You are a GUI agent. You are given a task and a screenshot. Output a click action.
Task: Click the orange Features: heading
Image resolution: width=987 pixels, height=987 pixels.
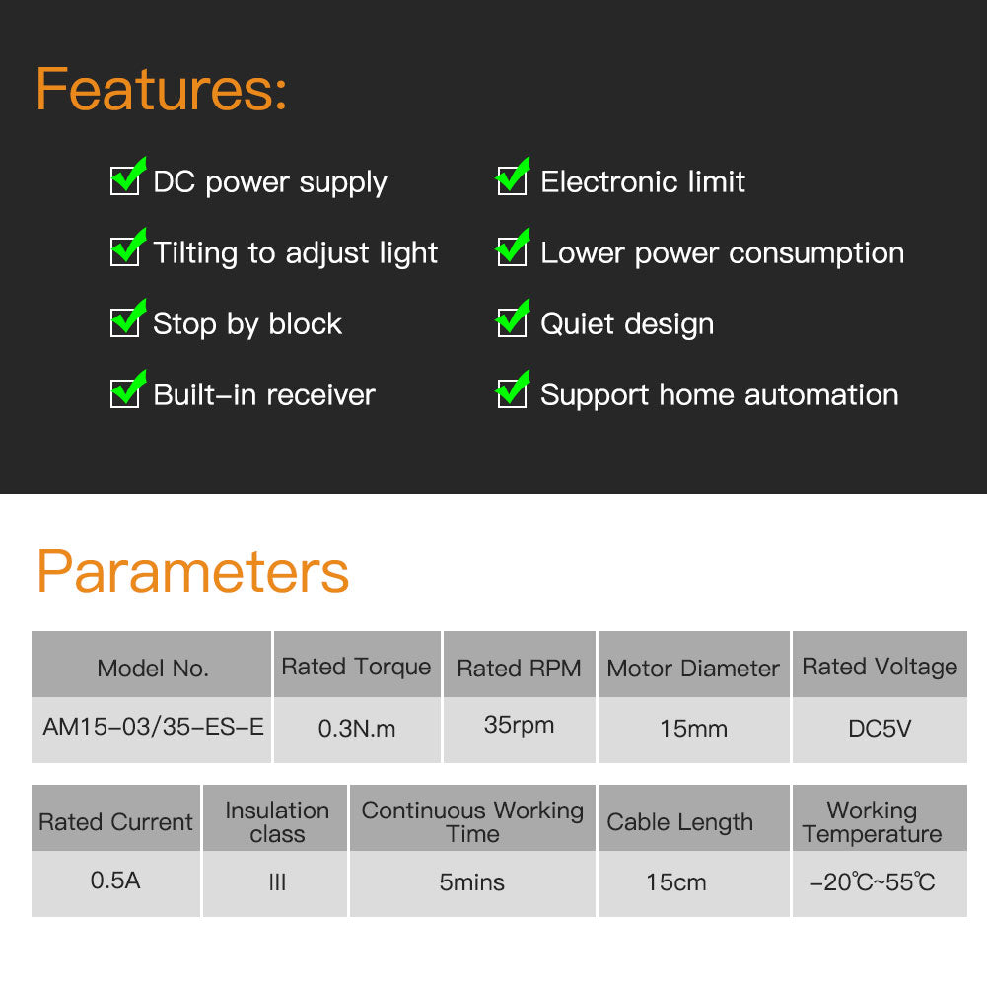pos(161,90)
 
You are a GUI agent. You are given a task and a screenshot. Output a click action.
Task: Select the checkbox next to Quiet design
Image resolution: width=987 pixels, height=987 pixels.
pos(513,318)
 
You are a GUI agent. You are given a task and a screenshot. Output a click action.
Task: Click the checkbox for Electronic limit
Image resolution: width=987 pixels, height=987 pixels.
pos(513,176)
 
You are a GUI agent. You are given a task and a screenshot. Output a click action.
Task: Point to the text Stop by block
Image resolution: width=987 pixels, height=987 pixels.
pos(247,324)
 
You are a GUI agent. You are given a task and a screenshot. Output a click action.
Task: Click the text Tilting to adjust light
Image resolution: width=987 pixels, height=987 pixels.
pos(295,253)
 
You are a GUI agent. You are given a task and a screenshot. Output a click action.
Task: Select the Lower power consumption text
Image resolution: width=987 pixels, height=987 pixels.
pos(722,253)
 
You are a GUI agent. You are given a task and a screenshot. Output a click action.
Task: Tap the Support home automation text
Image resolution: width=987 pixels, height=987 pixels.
pos(720,395)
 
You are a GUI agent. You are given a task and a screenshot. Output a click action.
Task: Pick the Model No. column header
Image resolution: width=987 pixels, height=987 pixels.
pos(152,668)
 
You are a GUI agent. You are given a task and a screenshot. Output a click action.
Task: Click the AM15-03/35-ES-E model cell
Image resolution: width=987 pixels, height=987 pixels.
pos(153,727)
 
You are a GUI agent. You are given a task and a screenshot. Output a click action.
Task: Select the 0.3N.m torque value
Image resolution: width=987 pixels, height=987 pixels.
pos(357,729)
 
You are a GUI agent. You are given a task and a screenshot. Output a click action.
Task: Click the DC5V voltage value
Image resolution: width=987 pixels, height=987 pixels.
pos(880,729)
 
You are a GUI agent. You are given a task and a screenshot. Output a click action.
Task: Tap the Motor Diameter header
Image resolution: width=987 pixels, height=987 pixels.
pos(693,668)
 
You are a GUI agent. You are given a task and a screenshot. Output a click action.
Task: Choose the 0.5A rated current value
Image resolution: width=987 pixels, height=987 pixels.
pos(115,880)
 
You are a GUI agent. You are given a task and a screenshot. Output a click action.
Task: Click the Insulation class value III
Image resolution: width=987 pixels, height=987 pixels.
pos(277,882)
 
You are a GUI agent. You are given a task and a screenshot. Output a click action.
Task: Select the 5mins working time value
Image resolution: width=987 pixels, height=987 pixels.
pos(472,882)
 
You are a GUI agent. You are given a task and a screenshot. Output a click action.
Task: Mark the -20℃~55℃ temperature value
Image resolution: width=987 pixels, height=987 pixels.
pos(872,882)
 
